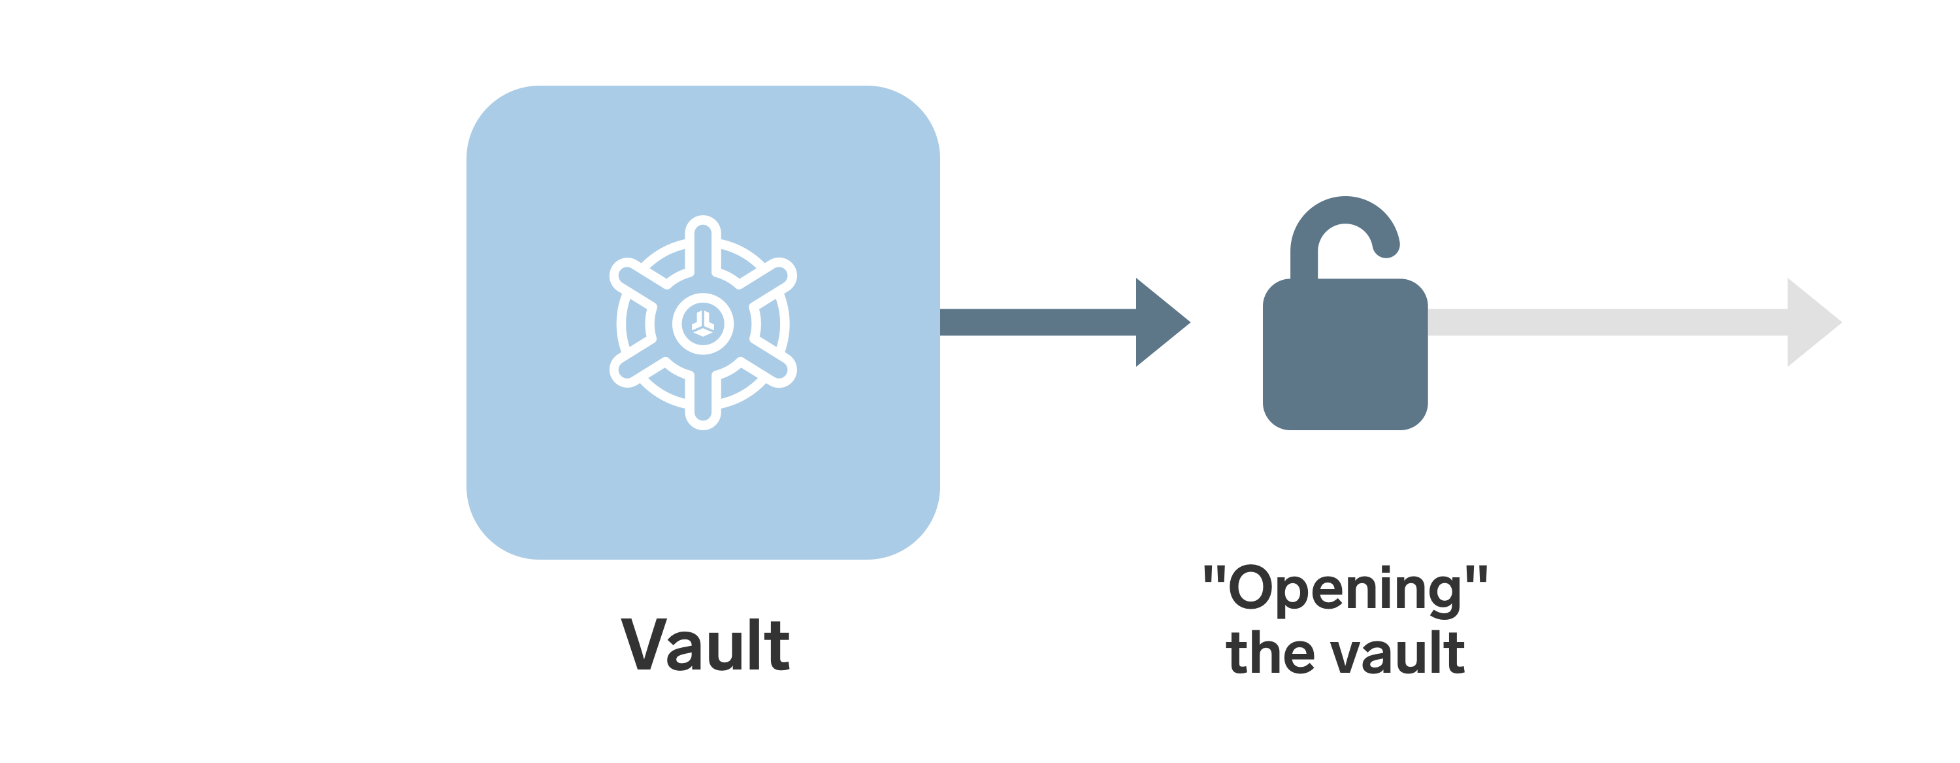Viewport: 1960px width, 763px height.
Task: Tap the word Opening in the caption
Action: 1345,589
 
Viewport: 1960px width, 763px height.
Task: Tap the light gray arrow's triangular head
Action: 1810,322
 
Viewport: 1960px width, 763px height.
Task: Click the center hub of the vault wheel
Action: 702,324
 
